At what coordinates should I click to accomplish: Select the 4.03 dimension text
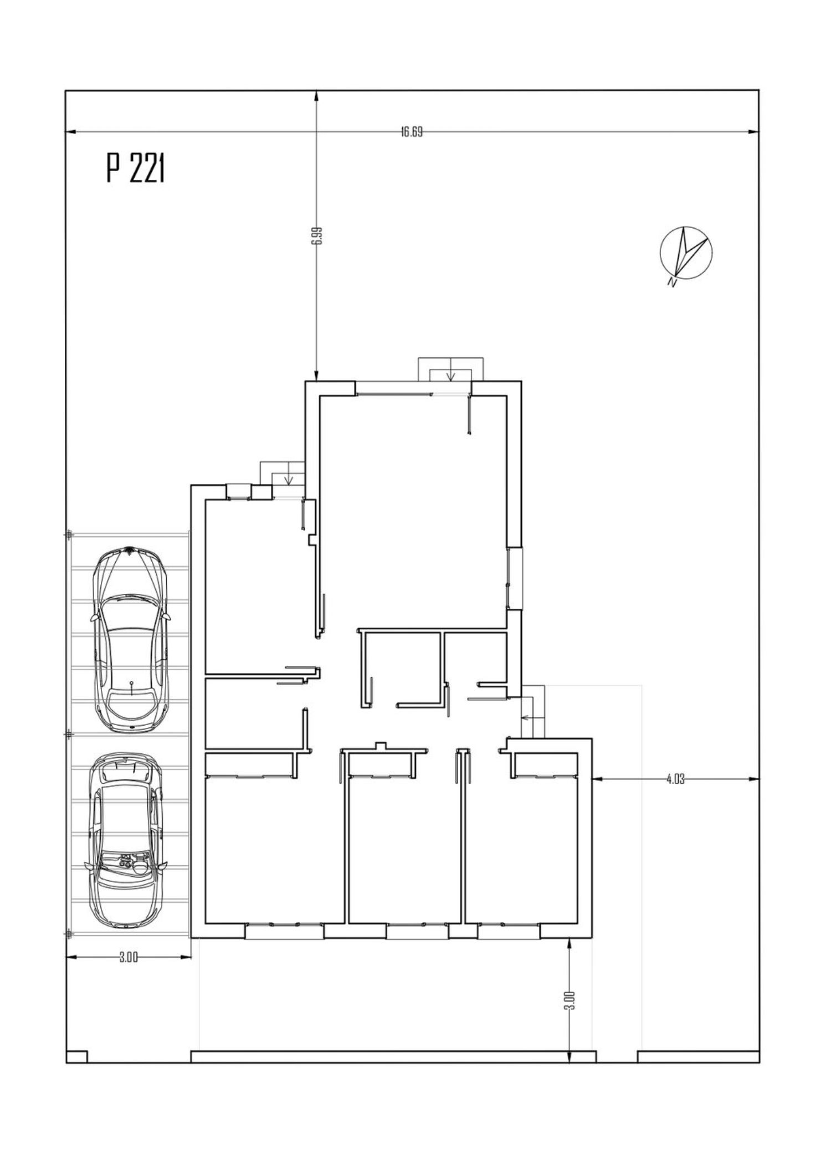[x=675, y=779]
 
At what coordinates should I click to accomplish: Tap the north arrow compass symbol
[x=686, y=252]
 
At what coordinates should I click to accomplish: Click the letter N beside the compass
[x=672, y=283]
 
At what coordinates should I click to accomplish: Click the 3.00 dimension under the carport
[x=128, y=957]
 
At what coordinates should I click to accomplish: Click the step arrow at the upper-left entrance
[x=288, y=478]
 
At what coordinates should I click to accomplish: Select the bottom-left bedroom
[x=275, y=850]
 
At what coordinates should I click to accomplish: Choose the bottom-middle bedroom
[x=404, y=850]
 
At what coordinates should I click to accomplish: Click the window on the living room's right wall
[x=515, y=578]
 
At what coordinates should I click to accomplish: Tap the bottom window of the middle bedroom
[x=417, y=930]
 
